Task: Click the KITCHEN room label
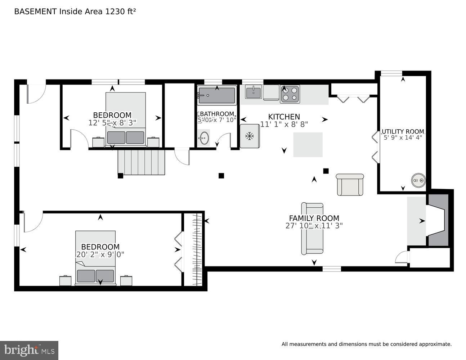(x=284, y=117)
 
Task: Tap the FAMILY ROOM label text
(x=314, y=218)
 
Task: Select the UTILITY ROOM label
(x=403, y=131)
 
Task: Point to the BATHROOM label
(x=217, y=114)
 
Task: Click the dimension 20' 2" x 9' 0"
(x=100, y=255)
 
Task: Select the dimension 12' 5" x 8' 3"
(x=112, y=123)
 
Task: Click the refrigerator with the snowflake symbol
(x=249, y=136)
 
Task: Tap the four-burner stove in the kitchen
(x=290, y=94)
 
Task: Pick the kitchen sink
(x=254, y=92)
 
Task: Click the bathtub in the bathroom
(x=217, y=95)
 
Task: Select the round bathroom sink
(x=204, y=138)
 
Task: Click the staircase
(x=141, y=162)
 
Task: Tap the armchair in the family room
(x=350, y=185)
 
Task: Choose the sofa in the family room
(x=312, y=229)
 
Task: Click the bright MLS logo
(x=29, y=350)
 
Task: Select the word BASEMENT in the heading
(x=35, y=12)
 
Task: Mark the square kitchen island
(x=308, y=145)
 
